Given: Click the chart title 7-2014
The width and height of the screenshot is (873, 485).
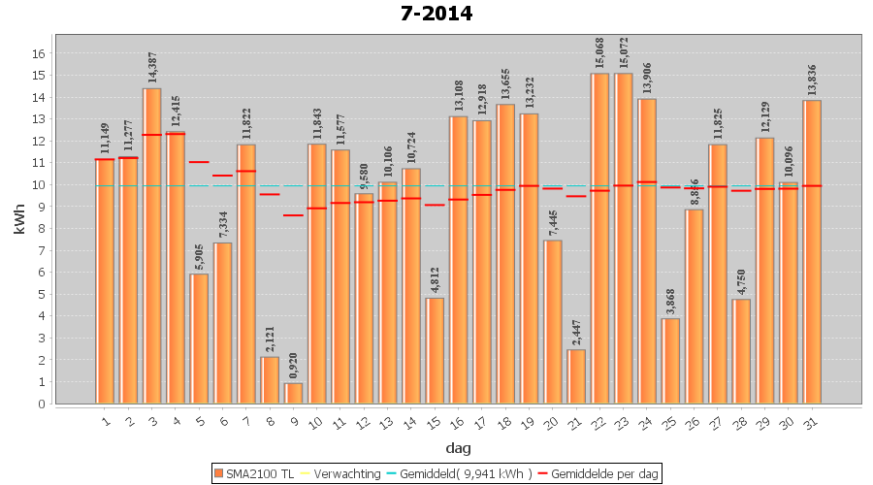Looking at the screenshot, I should coord(436,14).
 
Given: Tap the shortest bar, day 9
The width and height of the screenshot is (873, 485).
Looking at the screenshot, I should coord(294,393).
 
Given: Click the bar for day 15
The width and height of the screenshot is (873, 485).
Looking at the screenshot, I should coord(436,350).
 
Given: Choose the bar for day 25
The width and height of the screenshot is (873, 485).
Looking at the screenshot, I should coord(671,360).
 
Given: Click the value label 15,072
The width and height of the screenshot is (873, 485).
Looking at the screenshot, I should coord(624,48).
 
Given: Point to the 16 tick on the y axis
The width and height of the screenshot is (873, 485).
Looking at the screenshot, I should coord(40,53).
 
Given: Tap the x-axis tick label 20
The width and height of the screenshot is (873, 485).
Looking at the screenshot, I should coord(552,421).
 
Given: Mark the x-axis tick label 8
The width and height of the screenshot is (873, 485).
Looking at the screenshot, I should coord(271,420).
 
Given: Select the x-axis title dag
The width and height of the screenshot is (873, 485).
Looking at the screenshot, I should coord(459,448).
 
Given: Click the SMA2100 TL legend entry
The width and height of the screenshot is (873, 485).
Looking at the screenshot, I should coord(253,473).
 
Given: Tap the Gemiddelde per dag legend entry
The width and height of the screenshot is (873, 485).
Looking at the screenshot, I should coord(598,473).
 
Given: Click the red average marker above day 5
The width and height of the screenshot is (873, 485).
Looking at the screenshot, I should coord(199,162).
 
